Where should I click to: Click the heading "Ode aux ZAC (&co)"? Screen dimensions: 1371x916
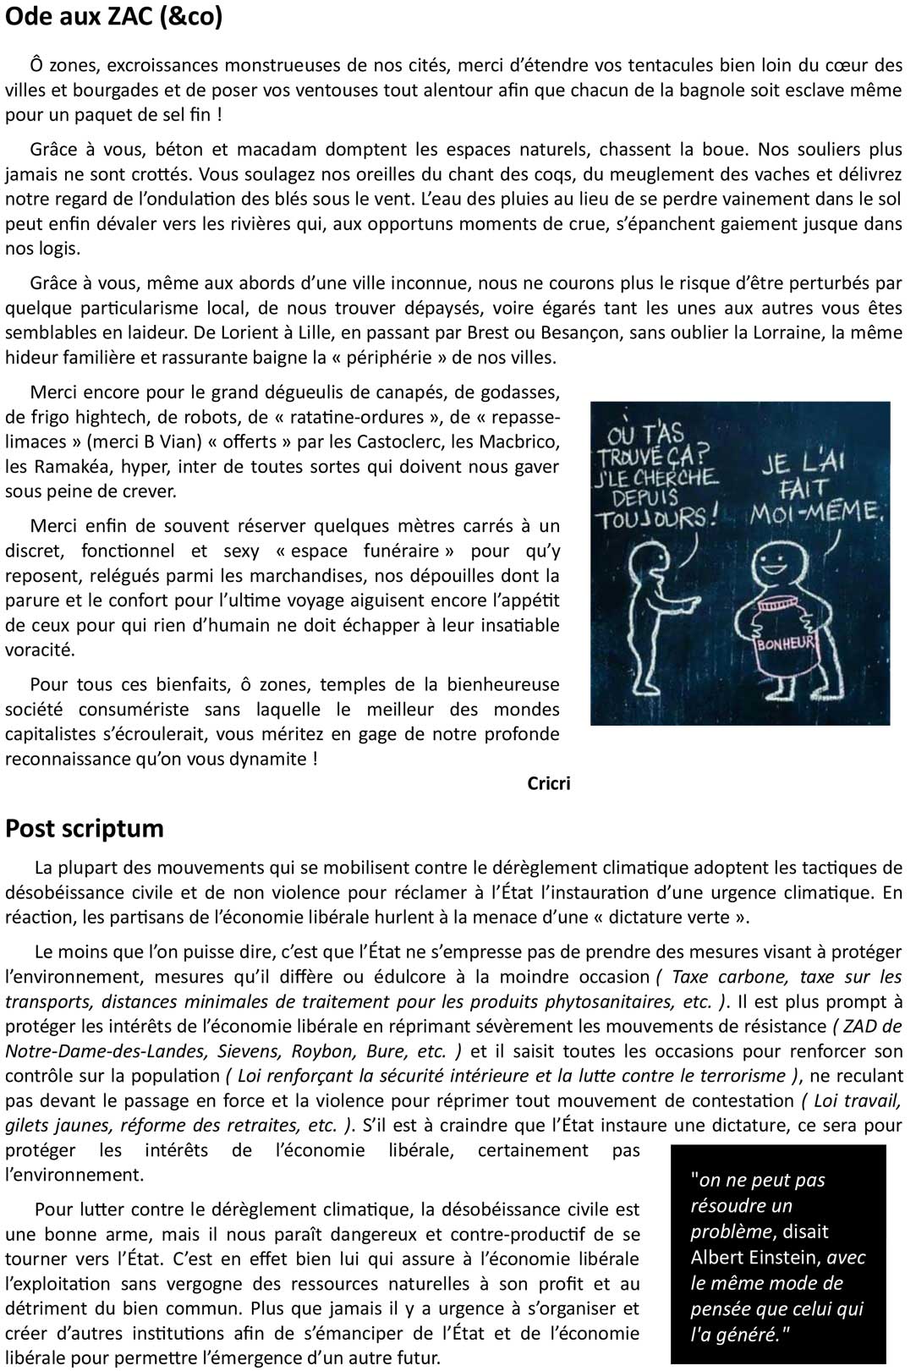click(x=114, y=18)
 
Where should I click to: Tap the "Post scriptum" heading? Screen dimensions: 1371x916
click(x=85, y=828)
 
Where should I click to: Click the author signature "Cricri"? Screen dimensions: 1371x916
click(x=548, y=784)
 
